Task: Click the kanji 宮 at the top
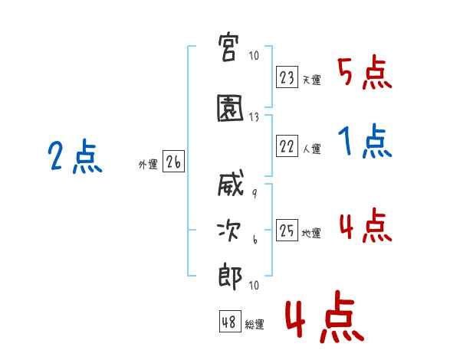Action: (228, 47)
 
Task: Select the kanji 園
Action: (230, 108)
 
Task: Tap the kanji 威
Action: (231, 182)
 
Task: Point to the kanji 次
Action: (229, 231)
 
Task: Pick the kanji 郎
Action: (230, 277)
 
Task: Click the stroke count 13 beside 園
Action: (254, 117)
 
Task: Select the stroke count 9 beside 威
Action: (255, 194)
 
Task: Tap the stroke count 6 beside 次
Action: (255, 240)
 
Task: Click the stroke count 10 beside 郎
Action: (254, 285)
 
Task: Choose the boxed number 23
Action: (287, 77)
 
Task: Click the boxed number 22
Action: (287, 146)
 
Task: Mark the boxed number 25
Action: (287, 230)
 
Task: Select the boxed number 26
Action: (174, 162)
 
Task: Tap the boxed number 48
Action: (230, 321)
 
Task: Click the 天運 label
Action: (312, 80)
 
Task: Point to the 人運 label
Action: (312, 149)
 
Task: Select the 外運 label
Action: (148, 164)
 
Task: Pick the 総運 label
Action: (255, 324)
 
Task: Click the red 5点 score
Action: (365, 73)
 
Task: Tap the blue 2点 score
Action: (75, 155)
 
